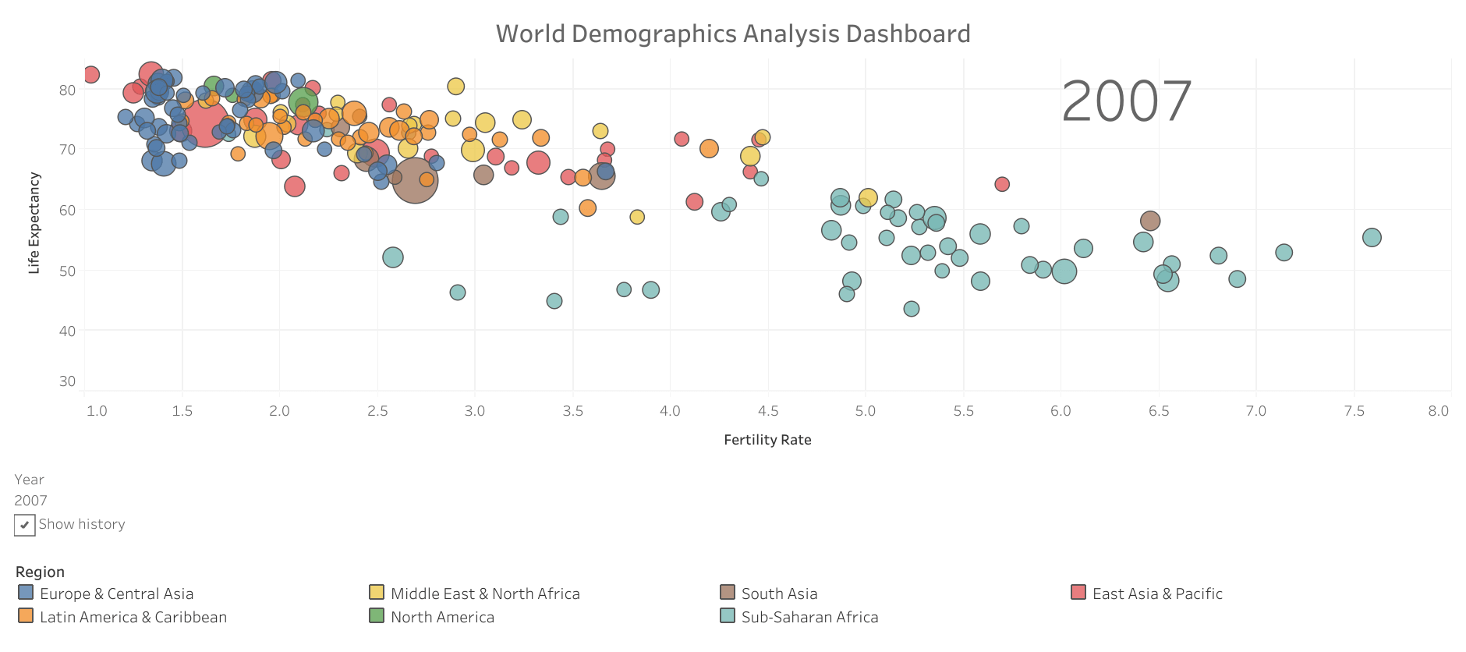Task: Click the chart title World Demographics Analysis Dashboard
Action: pos(733,34)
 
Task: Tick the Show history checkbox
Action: pos(24,525)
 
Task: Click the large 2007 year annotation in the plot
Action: pos(1126,101)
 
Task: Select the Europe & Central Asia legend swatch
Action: pos(26,593)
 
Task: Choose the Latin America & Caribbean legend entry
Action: pos(133,617)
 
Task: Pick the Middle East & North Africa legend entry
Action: pos(485,594)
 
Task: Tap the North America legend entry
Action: pos(442,617)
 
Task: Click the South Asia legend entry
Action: pos(779,594)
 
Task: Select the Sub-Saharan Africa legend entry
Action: pos(809,617)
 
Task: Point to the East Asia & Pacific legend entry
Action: pos(1157,594)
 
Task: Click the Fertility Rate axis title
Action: pos(767,440)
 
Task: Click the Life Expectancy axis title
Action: pos(34,223)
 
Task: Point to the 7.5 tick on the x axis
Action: pos(1354,411)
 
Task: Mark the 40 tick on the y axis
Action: pos(67,331)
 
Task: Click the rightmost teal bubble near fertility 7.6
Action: pos(1372,237)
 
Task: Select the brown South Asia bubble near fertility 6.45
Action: pos(1149,221)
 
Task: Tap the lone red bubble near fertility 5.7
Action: pos(1002,184)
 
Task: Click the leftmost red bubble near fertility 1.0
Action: pos(91,75)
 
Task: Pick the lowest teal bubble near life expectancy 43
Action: pos(911,309)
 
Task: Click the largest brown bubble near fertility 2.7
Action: pos(415,180)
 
